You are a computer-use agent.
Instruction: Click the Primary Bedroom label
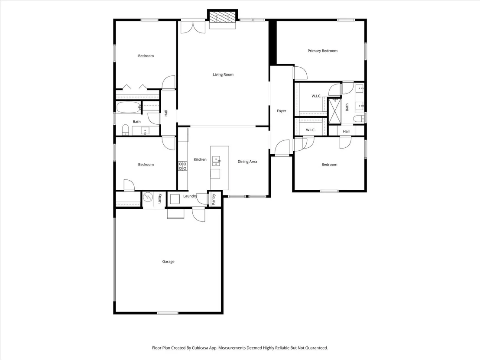[x=322, y=51]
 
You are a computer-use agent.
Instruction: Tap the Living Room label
[x=223, y=75]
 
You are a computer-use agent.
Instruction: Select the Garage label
[x=168, y=261]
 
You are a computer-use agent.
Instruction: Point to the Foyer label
[x=281, y=111]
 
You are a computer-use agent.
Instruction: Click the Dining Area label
[x=247, y=162]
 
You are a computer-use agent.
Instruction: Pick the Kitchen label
[x=200, y=159]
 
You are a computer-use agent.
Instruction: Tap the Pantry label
[x=214, y=199]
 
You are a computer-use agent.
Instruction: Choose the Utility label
[x=160, y=199]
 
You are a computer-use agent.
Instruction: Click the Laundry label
[x=190, y=196]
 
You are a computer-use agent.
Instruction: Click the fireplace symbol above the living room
[x=223, y=18]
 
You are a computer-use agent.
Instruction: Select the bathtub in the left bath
[x=128, y=107]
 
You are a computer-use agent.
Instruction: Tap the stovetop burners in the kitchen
[x=183, y=166]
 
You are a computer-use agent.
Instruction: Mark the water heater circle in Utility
[x=148, y=197]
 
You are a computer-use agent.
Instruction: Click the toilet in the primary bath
[x=358, y=118]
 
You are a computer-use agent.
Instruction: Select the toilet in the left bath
[x=125, y=130]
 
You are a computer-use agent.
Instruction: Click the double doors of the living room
[x=193, y=26]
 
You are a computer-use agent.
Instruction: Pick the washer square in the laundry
[x=175, y=199]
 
